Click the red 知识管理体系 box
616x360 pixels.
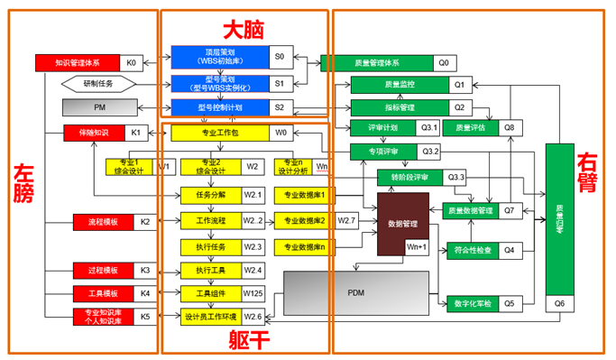coord(78,63)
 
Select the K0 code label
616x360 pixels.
coord(131,63)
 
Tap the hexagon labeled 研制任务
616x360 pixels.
coord(99,84)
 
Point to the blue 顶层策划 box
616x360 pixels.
coord(221,57)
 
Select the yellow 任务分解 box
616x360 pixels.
coord(209,194)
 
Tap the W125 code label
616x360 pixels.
coord(253,293)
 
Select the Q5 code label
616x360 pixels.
coord(509,304)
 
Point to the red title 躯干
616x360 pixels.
coord(245,339)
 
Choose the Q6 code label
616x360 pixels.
coord(559,304)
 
